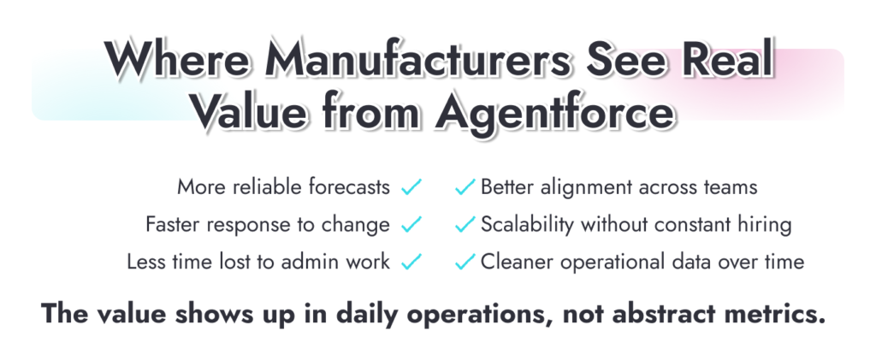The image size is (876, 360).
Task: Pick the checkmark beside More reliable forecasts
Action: pyautogui.click(x=411, y=186)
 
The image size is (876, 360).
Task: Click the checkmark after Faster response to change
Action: pyautogui.click(x=411, y=225)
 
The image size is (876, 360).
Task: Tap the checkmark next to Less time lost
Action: pyautogui.click(x=411, y=262)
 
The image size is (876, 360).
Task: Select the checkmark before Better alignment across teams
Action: pyautogui.click(x=465, y=186)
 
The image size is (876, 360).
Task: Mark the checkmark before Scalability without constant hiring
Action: pyautogui.click(x=465, y=225)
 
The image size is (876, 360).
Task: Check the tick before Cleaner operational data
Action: pyautogui.click(x=465, y=262)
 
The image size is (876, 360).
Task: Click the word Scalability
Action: pyautogui.click(x=528, y=225)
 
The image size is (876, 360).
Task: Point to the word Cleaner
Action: pyautogui.click(x=516, y=262)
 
